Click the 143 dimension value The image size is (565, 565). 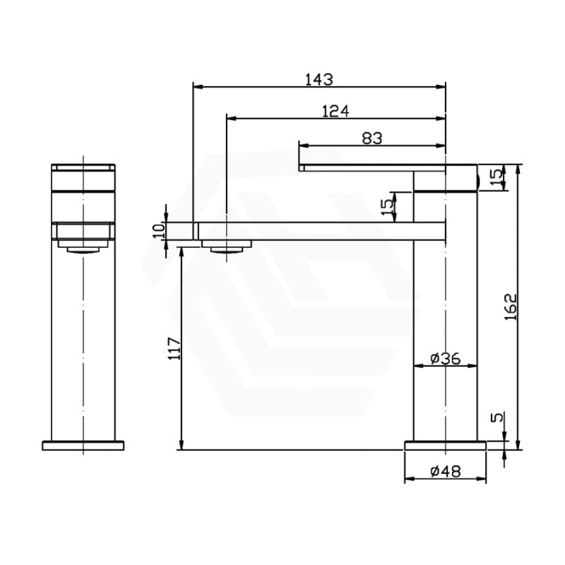point(320,80)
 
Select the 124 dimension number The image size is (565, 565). point(335,111)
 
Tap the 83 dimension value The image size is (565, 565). point(372,138)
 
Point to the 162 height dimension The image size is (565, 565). point(510,307)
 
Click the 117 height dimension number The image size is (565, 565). point(175,348)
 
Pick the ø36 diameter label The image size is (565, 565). point(445,358)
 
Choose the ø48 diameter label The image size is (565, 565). point(445,471)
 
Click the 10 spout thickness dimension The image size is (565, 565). point(159,230)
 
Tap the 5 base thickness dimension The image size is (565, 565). point(497,417)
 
